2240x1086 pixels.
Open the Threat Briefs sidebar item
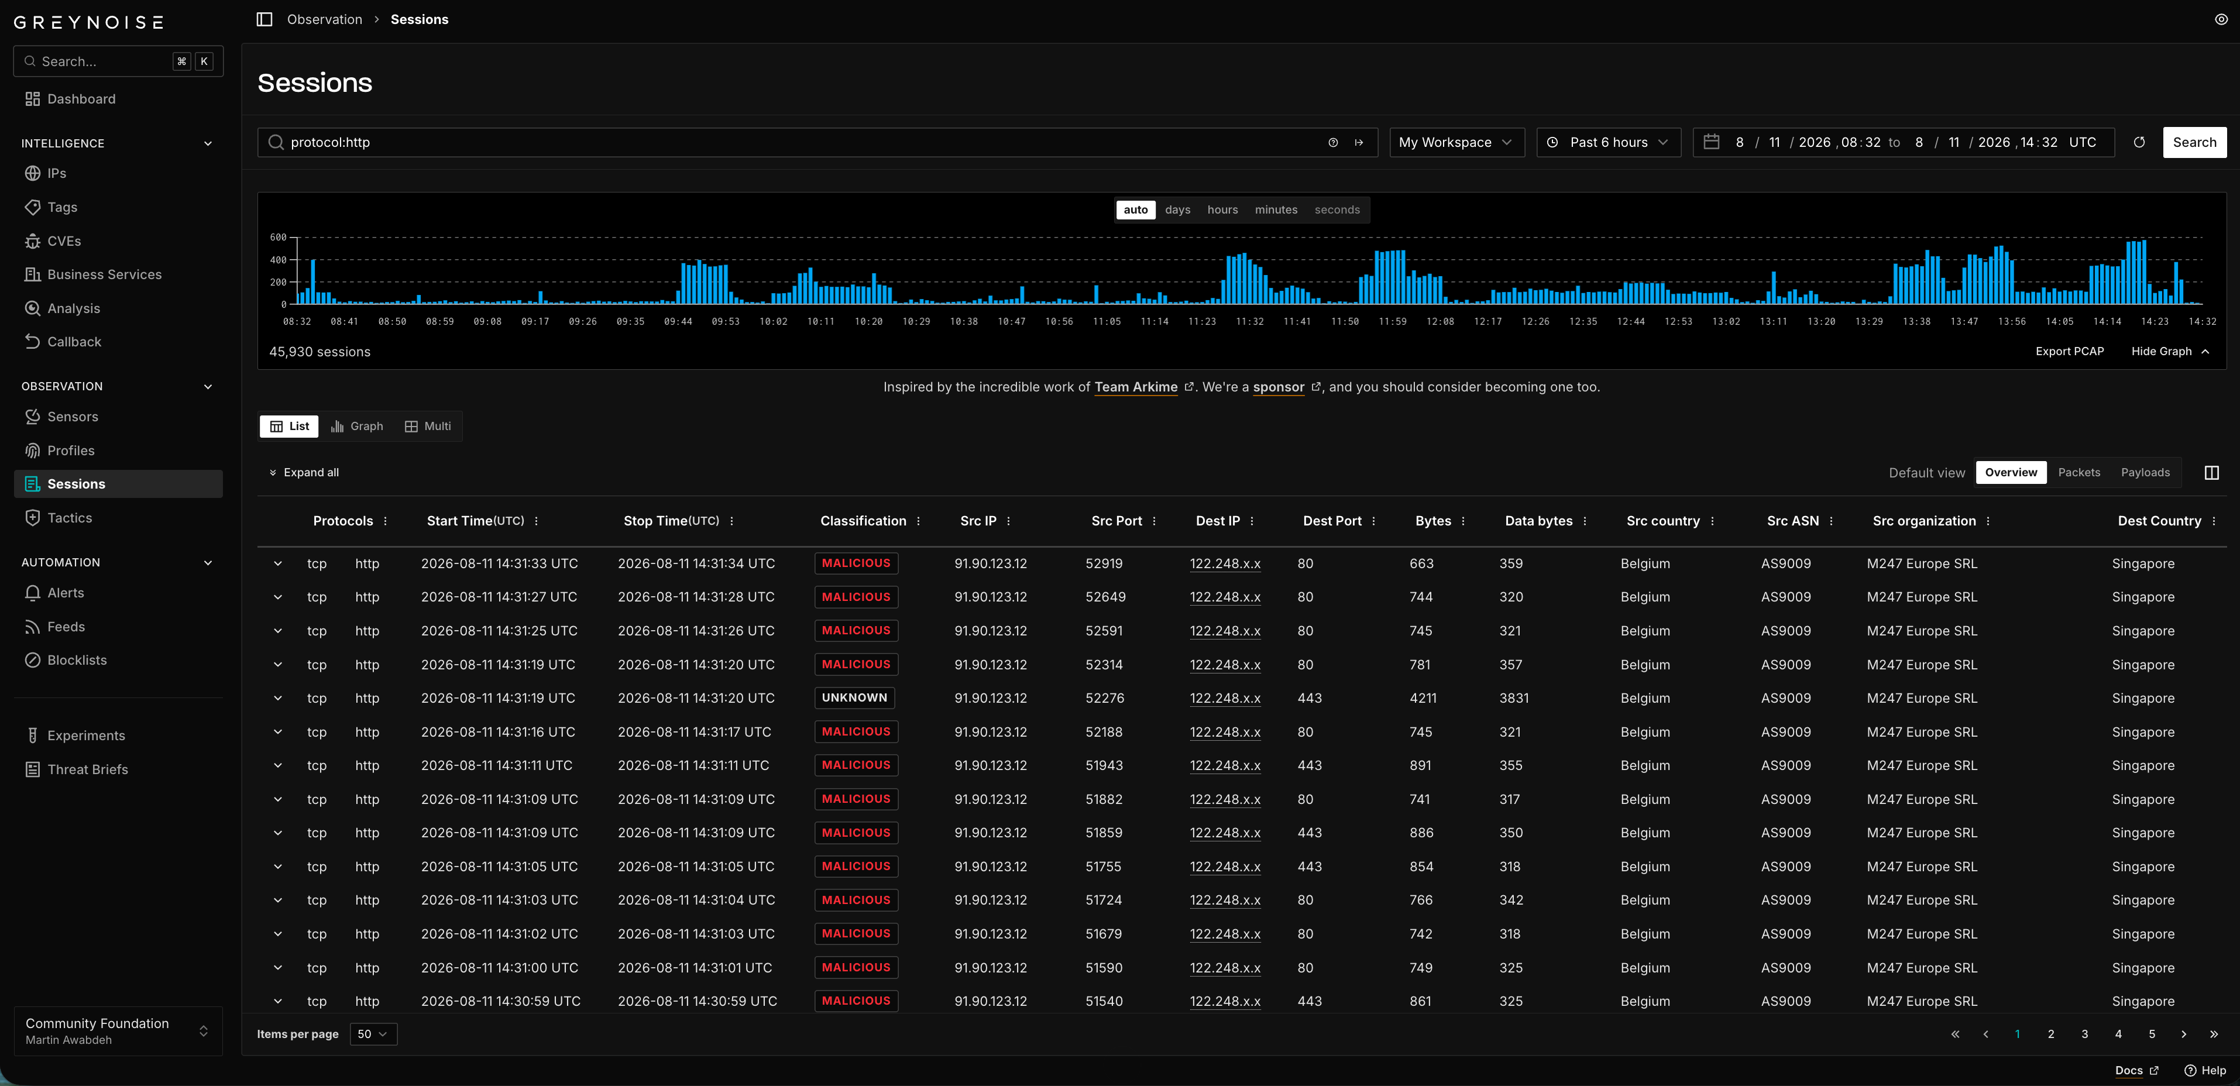click(x=87, y=769)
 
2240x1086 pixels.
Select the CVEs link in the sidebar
click(x=63, y=241)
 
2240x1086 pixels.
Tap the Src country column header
click(x=1662, y=521)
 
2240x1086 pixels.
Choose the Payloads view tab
click(x=2145, y=472)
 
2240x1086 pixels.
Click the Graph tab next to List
click(x=358, y=426)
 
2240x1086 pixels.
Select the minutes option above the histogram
click(x=1276, y=209)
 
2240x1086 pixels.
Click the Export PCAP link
click(x=2070, y=351)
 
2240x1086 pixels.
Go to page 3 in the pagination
click(x=2084, y=1034)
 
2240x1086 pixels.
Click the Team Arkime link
click(x=1136, y=387)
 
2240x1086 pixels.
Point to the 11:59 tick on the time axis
click(x=1392, y=322)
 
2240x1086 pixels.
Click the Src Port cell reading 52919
click(x=1104, y=563)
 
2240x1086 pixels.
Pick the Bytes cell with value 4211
click(x=1423, y=698)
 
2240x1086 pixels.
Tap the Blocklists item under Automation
click(x=77, y=660)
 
